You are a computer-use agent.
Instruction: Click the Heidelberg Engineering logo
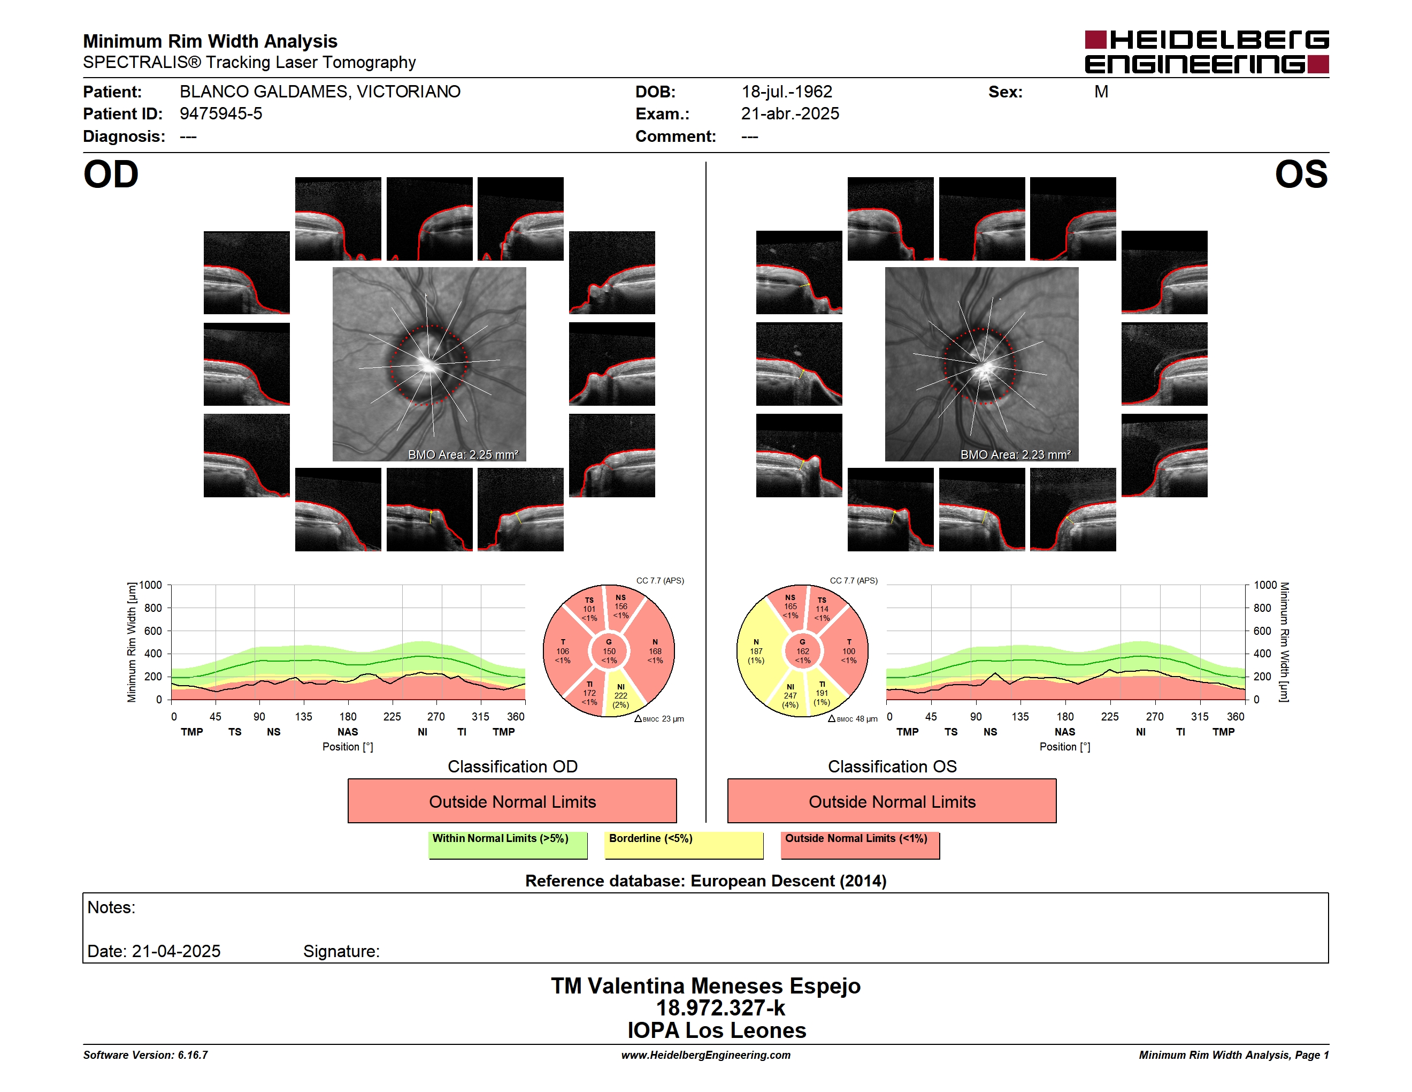point(1207,52)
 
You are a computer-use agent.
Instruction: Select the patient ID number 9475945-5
point(221,114)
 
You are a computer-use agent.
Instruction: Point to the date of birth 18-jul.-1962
point(787,92)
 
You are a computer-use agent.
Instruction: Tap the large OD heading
point(111,175)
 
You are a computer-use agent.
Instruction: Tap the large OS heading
point(1301,175)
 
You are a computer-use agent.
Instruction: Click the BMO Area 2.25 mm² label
point(463,455)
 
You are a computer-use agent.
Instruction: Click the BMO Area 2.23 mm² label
point(1015,455)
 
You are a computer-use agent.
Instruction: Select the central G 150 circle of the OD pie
point(609,651)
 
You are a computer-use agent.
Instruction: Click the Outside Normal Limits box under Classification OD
point(512,801)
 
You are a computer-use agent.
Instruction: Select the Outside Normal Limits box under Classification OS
point(892,801)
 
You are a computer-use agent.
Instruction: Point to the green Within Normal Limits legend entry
point(508,845)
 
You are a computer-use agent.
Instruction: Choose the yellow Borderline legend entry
point(684,845)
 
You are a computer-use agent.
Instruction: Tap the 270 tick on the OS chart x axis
point(1155,717)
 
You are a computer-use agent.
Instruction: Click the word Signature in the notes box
point(341,951)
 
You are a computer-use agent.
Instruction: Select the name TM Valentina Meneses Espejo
point(705,986)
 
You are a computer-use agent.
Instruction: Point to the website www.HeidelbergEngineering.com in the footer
point(706,1055)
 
